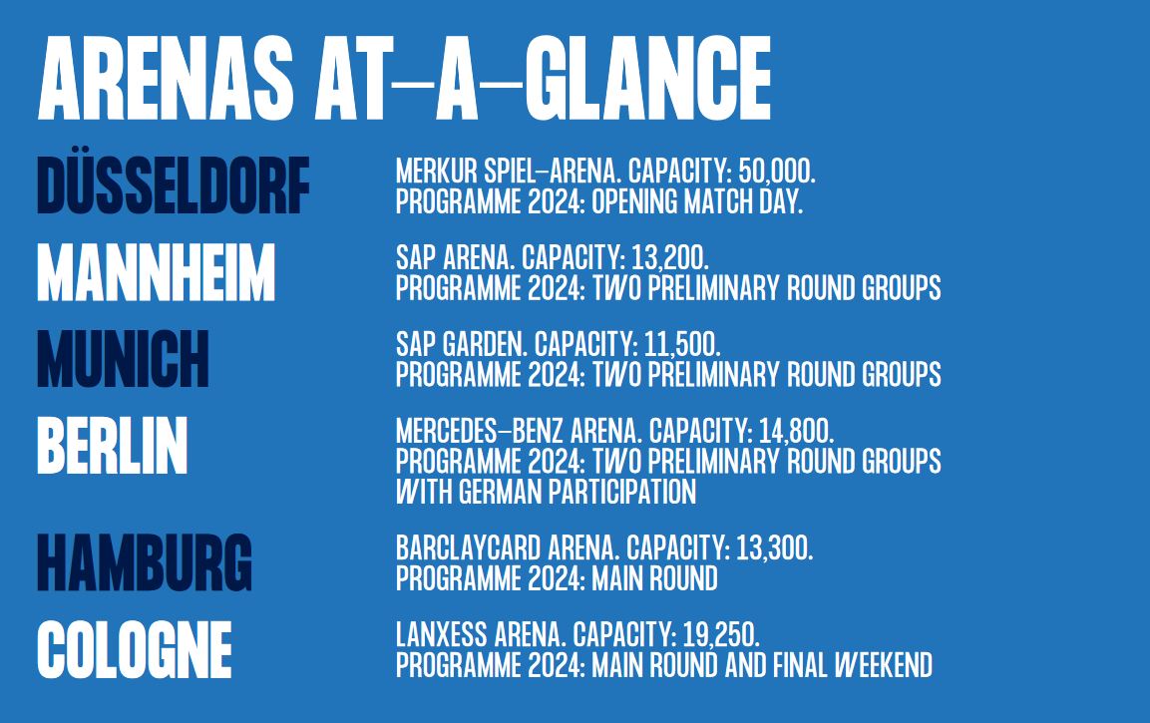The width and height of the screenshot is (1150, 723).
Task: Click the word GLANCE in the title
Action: click(648, 79)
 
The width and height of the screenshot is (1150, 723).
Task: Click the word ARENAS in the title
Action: click(166, 79)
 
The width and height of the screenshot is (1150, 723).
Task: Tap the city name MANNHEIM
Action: click(157, 272)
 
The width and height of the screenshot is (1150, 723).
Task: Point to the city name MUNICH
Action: click(124, 359)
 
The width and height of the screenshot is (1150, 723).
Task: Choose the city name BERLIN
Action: click(113, 445)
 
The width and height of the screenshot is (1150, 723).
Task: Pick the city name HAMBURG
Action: click(145, 562)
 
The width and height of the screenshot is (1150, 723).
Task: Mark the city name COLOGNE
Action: click(135, 649)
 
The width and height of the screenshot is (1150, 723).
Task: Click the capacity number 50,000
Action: click(777, 172)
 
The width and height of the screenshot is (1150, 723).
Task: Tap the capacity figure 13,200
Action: click(669, 258)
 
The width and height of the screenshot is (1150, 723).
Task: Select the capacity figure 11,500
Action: click(682, 345)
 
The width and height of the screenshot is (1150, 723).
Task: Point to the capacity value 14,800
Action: click(797, 431)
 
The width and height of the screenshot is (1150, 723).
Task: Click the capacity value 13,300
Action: click(775, 548)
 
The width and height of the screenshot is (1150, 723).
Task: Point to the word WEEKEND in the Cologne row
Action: click(883, 665)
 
